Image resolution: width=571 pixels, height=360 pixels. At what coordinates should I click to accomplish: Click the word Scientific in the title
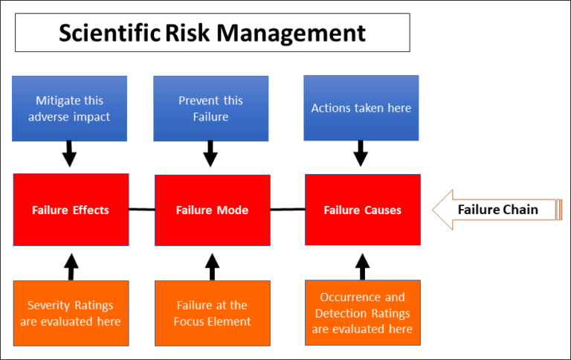click(109, 33)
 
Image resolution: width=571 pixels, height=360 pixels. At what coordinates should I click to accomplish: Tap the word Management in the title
click(291, 34)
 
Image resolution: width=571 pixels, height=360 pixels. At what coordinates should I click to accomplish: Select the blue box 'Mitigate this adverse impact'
click(70, 109)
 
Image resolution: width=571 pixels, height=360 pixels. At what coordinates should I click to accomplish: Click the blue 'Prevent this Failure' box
click(211, 109)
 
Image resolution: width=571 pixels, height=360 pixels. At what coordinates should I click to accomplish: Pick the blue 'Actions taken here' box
click(361, 108)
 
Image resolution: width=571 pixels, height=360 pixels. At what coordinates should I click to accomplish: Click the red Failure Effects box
click(71, 210)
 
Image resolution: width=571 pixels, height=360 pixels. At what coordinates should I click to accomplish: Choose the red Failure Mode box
click(213, 210)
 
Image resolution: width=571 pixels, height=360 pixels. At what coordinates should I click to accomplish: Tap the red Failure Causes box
click(363, 210)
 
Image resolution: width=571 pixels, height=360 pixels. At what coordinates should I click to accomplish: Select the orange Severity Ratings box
click(71, 313)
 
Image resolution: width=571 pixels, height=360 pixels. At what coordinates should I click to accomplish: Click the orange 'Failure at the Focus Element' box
click(213, 313)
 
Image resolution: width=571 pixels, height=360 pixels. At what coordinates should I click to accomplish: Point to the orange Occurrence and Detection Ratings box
click(363, 312)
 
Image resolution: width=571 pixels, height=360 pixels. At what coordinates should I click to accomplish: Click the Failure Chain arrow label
click(498, 210)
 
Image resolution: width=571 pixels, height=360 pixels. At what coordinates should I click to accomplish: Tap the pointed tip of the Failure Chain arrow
click(433, 210)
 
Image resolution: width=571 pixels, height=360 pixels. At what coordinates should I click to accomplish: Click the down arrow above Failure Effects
click(69, 154)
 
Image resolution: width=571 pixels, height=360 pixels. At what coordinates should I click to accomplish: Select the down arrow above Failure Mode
click(210, 154)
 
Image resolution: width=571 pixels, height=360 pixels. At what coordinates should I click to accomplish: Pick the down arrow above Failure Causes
click(361, 153)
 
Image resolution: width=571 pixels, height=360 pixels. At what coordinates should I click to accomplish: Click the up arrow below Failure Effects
click(71, 267)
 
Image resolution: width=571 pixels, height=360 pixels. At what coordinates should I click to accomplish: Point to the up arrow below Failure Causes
click(362, 267)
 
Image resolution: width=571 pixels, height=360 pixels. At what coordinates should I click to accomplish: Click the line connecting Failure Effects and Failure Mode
click(142, 210)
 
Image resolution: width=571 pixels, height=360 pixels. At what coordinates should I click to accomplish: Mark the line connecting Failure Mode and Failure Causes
click(288, 210)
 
